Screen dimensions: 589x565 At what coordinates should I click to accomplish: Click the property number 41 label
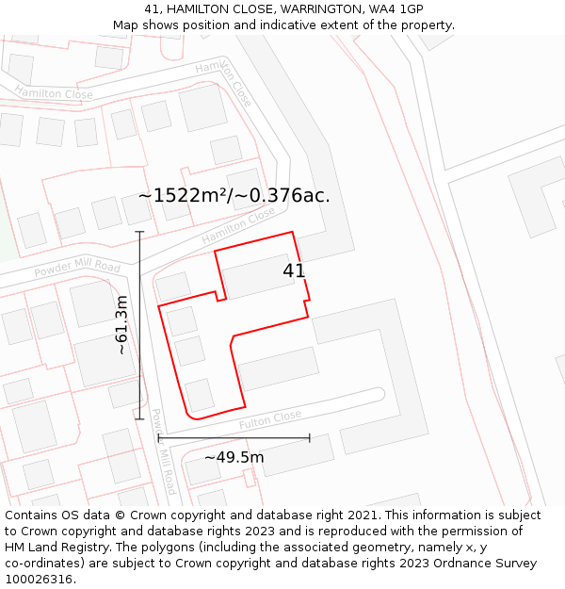click(294, 270)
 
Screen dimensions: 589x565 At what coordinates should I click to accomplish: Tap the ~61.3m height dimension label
click(121, 325)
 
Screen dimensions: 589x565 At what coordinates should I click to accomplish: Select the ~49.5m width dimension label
click(234, 458)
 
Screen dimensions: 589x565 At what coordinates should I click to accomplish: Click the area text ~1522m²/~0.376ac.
click(234, 196)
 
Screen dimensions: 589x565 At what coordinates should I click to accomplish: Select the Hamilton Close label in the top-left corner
click(53, 92)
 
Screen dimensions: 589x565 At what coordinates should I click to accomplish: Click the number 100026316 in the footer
click(40, 580)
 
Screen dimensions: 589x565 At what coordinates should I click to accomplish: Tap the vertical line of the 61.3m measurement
click(139, 325)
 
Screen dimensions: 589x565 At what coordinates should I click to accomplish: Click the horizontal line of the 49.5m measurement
click(234, 438)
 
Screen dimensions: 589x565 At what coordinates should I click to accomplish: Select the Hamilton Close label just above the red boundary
click(238, 226)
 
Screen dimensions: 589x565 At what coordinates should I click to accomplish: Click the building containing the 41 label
click(259, 275)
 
